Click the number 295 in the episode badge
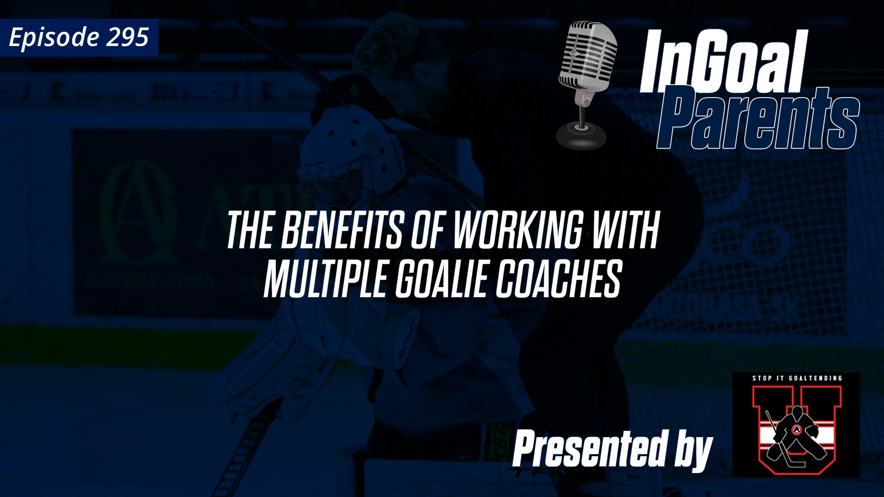coord(128,37)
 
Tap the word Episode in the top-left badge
coord(54,38)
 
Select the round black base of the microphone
coord(581,135)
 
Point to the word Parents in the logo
coord(757,120)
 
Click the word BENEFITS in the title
coord(342,231)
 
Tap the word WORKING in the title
coord(518,231)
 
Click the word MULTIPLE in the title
coord(325,279)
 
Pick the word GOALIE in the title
coord(441,279)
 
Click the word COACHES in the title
coord(558,279)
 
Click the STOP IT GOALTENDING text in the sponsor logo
coord(797,378)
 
